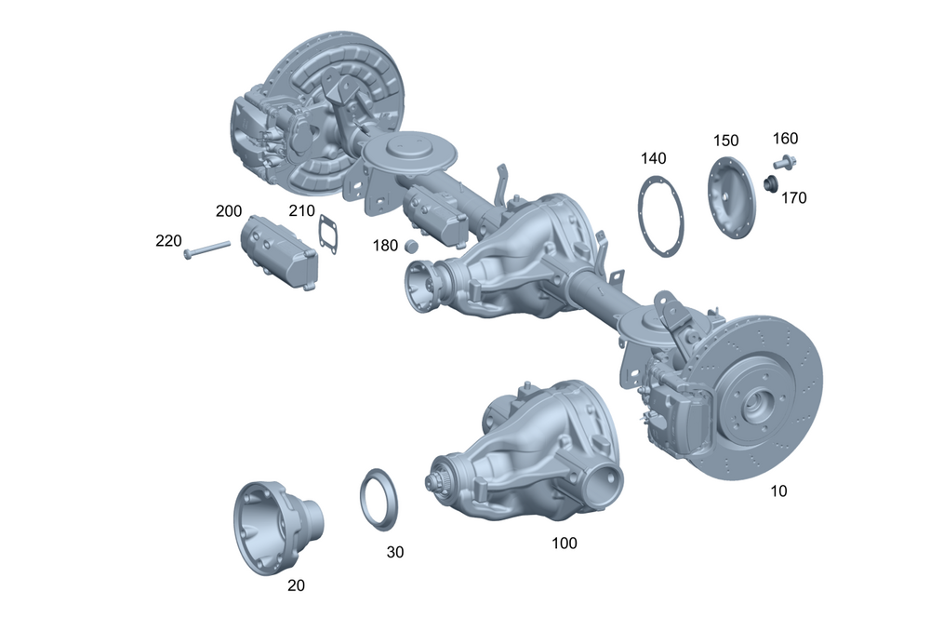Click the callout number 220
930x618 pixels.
168,241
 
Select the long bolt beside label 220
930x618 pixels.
207,249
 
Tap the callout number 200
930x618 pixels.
229,211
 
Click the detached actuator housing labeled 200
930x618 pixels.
279,252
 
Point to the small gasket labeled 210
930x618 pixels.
328,235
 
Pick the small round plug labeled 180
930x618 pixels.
411,245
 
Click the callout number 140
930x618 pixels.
654,158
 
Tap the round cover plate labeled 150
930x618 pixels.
733,197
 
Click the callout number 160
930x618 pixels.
785,139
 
